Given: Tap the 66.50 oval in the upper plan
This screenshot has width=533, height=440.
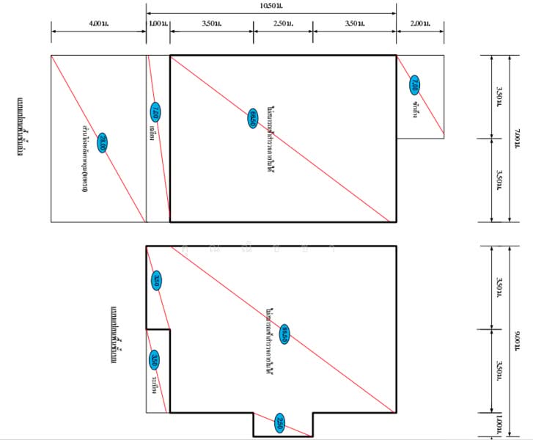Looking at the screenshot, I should (x=252, y=117).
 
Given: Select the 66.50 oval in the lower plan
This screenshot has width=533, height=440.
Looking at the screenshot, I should (x=284, y=334).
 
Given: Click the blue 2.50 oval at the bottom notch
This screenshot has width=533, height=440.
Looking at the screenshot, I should (x=281, y=423).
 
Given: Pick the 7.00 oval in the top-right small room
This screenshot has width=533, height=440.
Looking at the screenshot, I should (x=415, y=84).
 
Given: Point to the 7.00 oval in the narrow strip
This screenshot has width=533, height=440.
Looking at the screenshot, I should (x=155, y=113).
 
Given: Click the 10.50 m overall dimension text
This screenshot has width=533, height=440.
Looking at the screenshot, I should (x=272, y=5).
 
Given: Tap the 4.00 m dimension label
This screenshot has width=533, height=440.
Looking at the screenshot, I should (x=98, y=24).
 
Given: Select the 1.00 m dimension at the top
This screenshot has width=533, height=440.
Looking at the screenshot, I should (x=158, y=24).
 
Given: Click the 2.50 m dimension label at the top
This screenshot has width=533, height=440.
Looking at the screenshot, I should (x=282, y=24).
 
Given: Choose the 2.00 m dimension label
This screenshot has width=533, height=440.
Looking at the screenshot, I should (x=420, y=24).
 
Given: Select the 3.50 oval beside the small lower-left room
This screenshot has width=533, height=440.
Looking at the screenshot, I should (x=155, y=359).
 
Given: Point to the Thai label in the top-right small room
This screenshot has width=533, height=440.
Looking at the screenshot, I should (x=415, y=108).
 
